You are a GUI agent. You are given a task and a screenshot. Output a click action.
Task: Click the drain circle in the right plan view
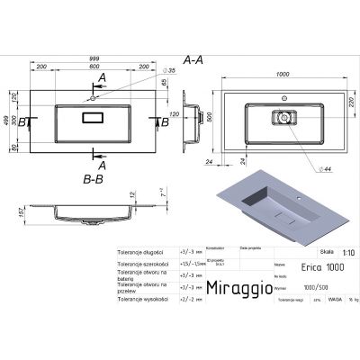(283, 115)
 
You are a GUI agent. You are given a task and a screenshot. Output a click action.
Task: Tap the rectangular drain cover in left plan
(94, 118)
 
